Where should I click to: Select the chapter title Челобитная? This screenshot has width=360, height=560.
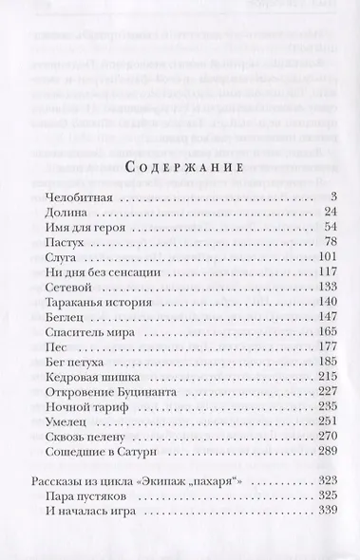(80, 195)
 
